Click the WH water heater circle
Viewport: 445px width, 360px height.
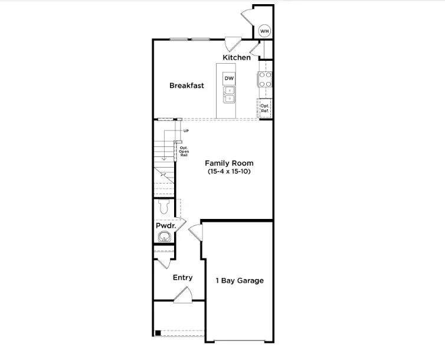[265, 31]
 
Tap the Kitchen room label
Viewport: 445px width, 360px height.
[237, 57]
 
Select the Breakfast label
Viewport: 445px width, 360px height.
[186, 86]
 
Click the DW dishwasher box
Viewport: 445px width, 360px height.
[229, 78]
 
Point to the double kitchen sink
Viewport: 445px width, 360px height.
[229, 94]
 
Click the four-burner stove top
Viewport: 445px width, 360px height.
[265, 79]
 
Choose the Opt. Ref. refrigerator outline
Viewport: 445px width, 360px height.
[265, 108]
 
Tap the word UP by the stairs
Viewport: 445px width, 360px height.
[186, 130]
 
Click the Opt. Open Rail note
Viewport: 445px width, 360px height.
[184, 152]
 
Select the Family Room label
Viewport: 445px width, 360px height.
[229, 163]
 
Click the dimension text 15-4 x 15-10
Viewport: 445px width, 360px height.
[229, 172]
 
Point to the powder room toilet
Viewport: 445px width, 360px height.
[165, 207]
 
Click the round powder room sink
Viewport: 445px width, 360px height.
[164, 237]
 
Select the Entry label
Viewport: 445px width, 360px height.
[182, 277]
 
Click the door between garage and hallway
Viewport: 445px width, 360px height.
[196, 232]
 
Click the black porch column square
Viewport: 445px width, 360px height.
[157, 333]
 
